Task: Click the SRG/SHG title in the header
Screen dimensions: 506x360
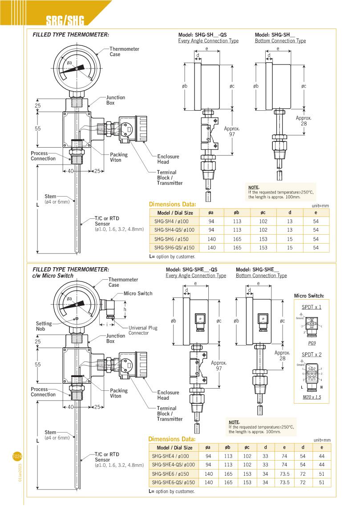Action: point(65,20)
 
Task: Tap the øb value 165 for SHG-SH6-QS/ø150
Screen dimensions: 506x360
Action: point(237,248)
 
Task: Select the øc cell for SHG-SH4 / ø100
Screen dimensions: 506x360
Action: point(263,221)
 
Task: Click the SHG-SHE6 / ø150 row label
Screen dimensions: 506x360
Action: point(171,474)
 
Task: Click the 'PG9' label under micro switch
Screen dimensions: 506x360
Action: point(312,343)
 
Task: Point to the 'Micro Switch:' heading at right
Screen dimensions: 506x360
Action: point(309,296)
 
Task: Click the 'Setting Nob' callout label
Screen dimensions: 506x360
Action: point(44,326)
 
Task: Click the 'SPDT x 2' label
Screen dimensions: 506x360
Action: point(311,354)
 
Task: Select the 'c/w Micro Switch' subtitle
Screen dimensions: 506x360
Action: point(53,276)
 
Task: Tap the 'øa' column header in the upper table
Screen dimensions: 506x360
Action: point(211,213)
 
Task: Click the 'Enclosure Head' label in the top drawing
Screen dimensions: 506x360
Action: point(168,159)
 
